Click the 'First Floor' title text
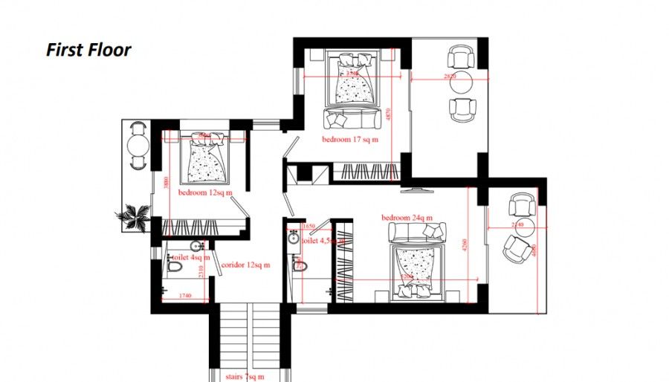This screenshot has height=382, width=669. click(88, 50)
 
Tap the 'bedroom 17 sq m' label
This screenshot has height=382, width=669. click(350, 139)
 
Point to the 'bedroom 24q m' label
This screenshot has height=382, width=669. click(407, 218)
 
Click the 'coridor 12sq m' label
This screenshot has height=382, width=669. click(245, 264)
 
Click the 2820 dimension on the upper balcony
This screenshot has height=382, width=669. click(450, 76)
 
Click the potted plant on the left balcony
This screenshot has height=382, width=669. click(135, 216)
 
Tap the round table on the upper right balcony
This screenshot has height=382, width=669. click(462, 84)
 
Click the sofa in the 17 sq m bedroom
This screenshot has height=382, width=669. click(352, 117)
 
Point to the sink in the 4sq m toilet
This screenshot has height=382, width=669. click(196, 246)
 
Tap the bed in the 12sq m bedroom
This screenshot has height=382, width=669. click(204, 158)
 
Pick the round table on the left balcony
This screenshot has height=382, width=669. click(138, 145)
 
